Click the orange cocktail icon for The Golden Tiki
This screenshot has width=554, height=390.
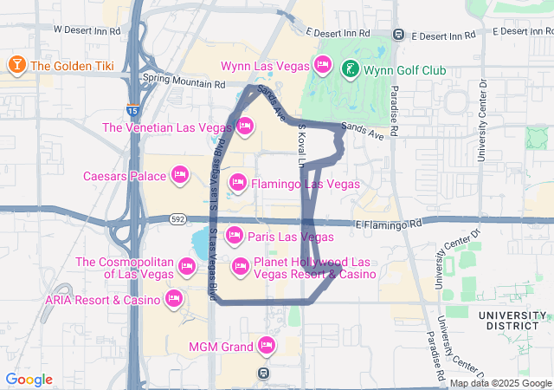[x=16, y=65]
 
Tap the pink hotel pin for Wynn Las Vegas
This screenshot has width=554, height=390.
[x=323, y=65]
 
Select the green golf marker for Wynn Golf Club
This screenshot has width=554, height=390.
[x=350, y=69]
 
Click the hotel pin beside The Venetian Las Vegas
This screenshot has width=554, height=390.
[x=245, y=127]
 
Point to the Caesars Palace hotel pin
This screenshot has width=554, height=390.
[x=180, y=176]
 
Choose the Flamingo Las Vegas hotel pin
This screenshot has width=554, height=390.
[x=237, y=183]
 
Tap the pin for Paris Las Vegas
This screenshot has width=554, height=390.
[x=235, y=236]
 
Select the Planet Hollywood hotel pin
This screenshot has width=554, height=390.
[x=240, y=266]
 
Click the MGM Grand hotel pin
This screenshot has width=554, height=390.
[x=267, y=348]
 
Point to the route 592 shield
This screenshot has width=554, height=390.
[x=177, y=219]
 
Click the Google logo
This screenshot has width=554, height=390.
[x=29, y=380]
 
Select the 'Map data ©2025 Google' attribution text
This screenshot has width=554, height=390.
[x=499, y=383]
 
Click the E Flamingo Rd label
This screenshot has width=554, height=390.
[x=392, y=224]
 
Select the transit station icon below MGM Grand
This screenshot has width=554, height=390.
[x=263, y=373]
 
